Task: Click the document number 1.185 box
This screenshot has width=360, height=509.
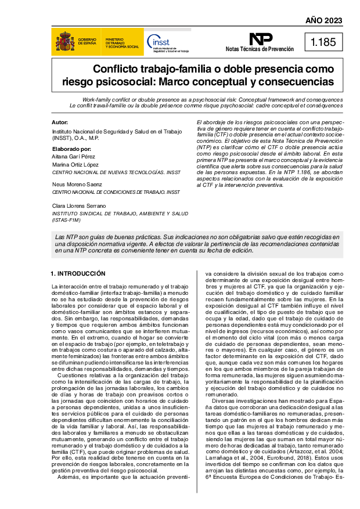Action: pyautogui.click(x=323, y=42)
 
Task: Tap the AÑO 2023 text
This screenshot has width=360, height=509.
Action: pyautogui.click(x=323, y=21)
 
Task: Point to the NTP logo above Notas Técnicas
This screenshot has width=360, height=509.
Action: pyautogui.click(x=261, y=39)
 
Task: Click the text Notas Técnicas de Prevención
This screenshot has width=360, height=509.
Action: pyautogui.click(x=260, y=50)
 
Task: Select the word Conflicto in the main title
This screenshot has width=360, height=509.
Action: pyautogui.click(x=118, y=68)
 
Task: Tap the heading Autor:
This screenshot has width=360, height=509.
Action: pyautogui.click(x=60, y=122)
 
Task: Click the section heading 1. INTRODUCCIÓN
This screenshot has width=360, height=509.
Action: pyautogui.click(x=78, y=273)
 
